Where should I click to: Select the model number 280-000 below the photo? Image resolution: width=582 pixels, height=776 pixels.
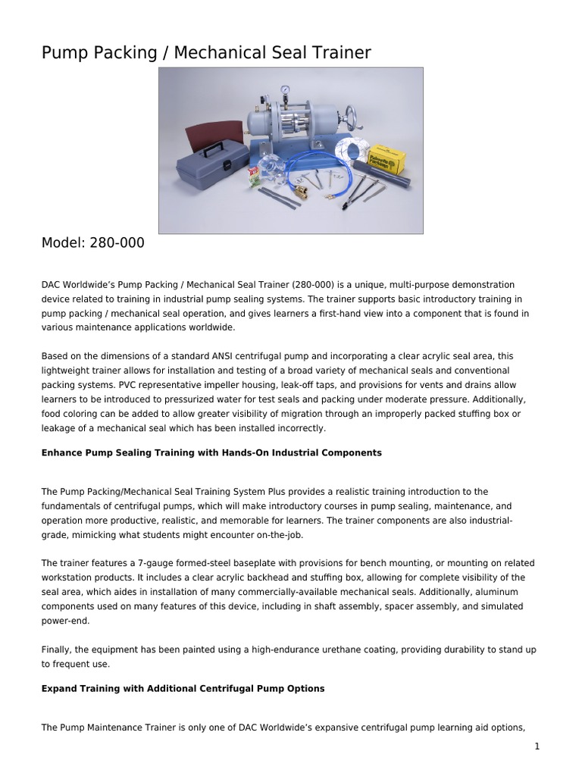[x=117, y=243]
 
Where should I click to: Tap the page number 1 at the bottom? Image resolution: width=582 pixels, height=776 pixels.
[x=537, y=746]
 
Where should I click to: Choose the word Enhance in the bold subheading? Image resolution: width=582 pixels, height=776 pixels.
[x=62, y=452]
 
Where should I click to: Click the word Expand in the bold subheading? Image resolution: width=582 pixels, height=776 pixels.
[x=61, y=689]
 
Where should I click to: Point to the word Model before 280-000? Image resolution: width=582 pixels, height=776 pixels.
[x=63, y=243]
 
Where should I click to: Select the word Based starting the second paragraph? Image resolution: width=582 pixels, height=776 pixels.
[x=55, y=356]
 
